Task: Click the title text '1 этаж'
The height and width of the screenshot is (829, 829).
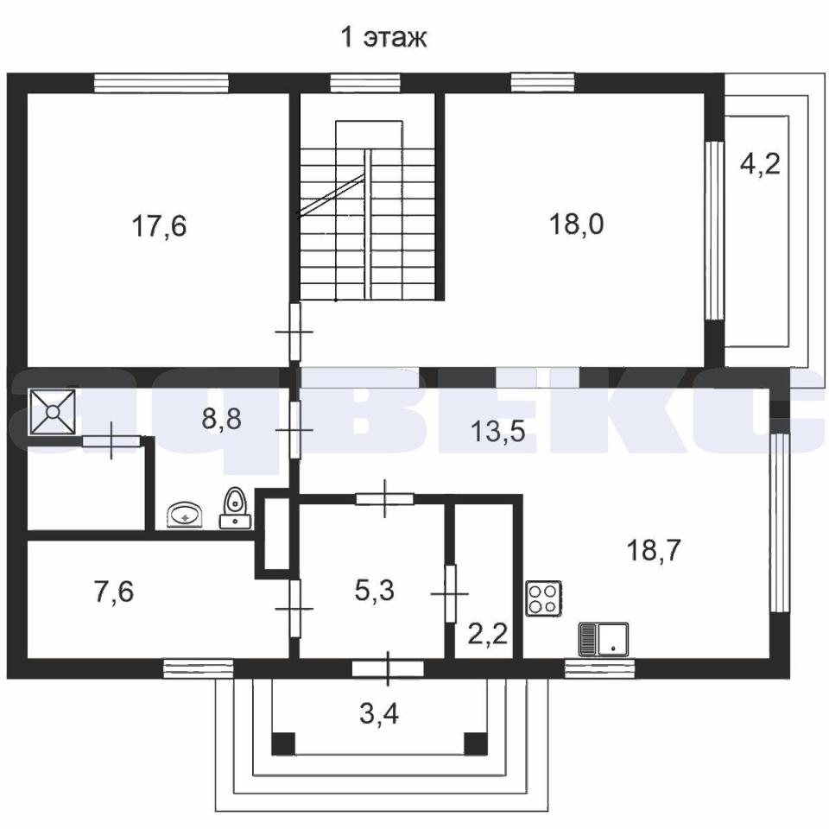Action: click(x=383, y=38)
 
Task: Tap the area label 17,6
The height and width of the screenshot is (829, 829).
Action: click(x=159, y=226)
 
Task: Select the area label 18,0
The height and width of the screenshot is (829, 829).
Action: click(x=576, y=224)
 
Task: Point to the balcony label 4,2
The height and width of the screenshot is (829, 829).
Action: click(x=760, y=164)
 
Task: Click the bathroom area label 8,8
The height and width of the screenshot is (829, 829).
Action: click(x=222, y=420)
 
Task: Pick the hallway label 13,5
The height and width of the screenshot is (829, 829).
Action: click(x=497, y=432)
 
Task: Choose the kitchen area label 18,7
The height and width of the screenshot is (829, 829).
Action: click(x=654, y=550)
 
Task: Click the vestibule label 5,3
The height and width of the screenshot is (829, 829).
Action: click(x=374, y=590)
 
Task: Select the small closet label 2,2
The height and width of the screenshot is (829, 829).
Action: click(x=488, y=633)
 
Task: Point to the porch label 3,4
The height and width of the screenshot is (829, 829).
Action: click(x=379, y=713)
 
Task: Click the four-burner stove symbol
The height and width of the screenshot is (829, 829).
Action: click(x=543, y=598)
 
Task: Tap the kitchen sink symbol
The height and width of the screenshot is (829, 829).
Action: click(x=604, y=639)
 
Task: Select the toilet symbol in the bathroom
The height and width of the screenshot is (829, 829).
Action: click(x=235, y=508)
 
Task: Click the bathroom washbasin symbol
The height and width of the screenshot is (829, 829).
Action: click(x=185, y=515)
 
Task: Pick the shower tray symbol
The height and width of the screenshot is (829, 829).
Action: click(x=53, y=412)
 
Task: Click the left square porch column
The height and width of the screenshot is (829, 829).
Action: click(x=283, y=744)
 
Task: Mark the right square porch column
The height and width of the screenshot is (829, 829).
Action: click(x=476, y=744)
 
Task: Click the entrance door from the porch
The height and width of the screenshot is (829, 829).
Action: click(x=388, y=668)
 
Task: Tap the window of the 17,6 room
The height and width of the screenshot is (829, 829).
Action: click(x=161, y=84)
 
